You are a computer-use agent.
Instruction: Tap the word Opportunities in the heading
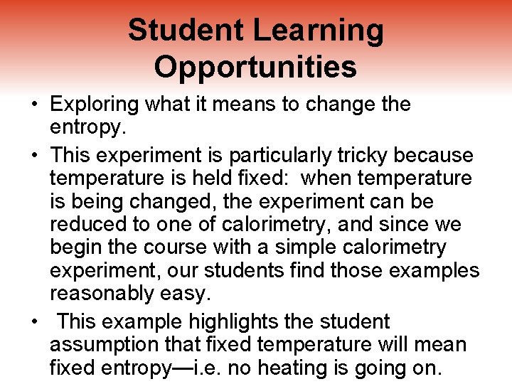255,67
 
